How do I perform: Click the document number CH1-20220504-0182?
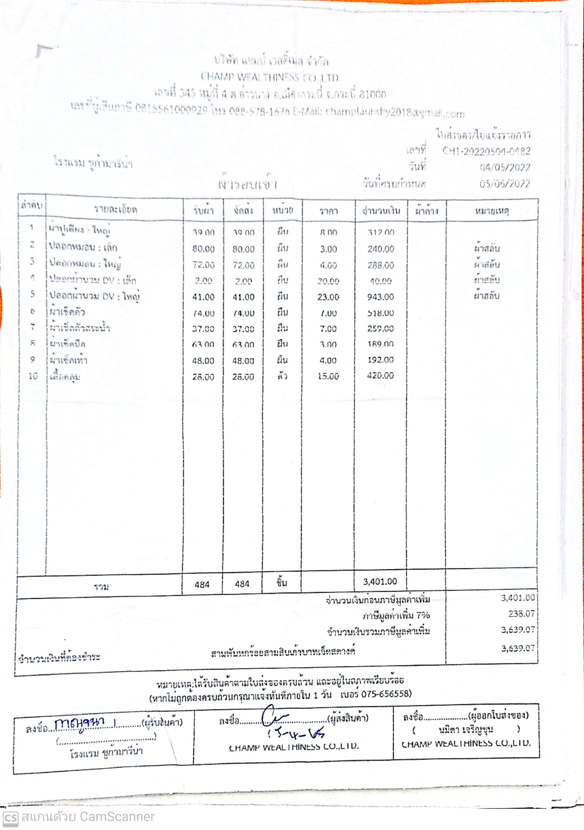point(486,151)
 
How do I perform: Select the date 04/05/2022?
point(505,167)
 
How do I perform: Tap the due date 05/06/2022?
point(505,184)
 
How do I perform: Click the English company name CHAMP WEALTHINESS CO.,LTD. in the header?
point(270,77)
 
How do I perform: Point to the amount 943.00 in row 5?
point(380,297)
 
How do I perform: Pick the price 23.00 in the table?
point(328,297)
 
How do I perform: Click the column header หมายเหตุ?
point(492,210)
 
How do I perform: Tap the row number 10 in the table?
point(33,376)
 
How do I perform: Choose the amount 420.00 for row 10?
point(380,376)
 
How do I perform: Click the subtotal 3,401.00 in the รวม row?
point(380,581)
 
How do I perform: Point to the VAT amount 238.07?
point(521,613)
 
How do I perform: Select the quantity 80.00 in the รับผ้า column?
point(203,249)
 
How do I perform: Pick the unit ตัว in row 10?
point(282,376)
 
